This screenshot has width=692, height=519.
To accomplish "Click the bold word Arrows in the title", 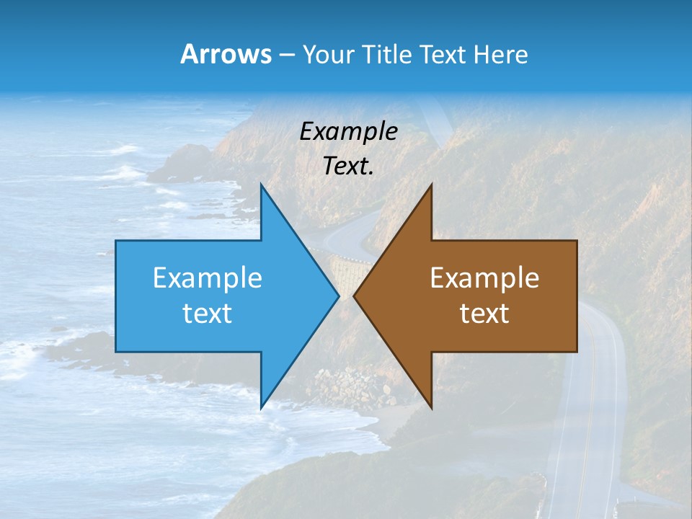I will (226, 54).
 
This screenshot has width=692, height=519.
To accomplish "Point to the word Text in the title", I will (443, 54).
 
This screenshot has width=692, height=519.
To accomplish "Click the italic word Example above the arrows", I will (348, 131).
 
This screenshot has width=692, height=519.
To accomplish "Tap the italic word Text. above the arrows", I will (348, 167).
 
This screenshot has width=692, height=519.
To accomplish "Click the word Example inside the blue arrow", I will (208, 278).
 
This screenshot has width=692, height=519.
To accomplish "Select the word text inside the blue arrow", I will (208, 313).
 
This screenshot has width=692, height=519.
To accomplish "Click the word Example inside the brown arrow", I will (484, 278).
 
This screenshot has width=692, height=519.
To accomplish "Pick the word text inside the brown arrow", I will (484, 313).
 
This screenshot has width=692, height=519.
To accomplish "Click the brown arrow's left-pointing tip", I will (355, 296).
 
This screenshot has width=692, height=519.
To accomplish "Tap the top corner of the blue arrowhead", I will (261, 186).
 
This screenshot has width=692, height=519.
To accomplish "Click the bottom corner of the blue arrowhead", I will (261, 407).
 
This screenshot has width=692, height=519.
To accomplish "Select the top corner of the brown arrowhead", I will (431, 186).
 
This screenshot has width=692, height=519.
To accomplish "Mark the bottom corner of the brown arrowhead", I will (431, 407).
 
